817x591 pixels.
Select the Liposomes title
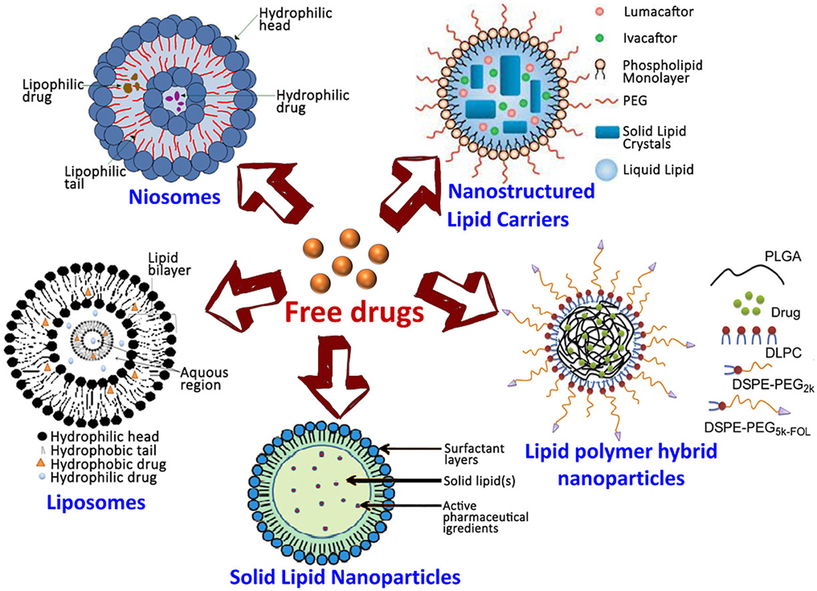(x=97, y=502)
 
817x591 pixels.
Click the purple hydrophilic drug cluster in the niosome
(x=176, y=97)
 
